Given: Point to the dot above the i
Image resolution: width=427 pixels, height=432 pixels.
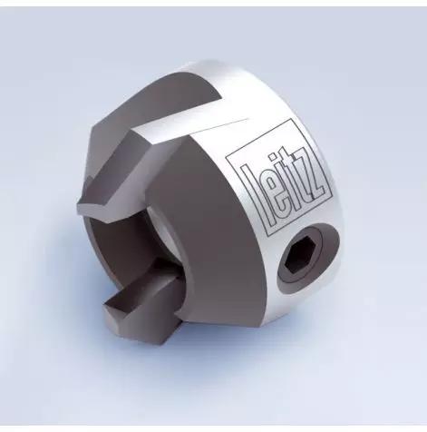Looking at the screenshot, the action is tap(273, 156).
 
